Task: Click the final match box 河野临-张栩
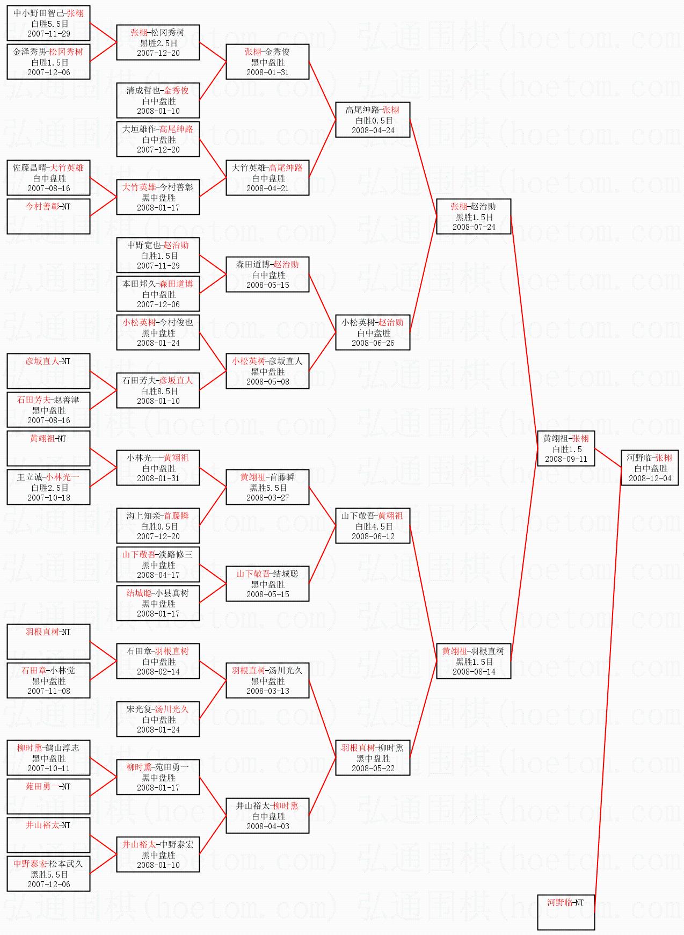click(650, 468)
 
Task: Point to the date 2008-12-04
click(650, 479)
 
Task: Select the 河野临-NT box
click(566, 911)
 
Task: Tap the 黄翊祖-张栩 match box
click(566, 448)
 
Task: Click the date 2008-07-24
click(474, 227)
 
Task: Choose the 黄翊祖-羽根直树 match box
click(474, 661)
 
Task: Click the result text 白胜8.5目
click(158, 391)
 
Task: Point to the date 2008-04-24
click(373, 131)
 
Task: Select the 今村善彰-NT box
click(48, 216)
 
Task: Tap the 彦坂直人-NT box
click(48, 371)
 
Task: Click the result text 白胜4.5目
click(373, 526)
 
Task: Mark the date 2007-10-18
click(48, 498)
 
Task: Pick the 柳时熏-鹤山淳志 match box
click(48, 758)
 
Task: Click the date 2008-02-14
click(158, 672)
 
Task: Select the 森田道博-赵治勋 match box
click(267, 274)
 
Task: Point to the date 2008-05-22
click(373, 769)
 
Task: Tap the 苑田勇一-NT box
click(48, 796)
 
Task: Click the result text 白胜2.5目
click(48, 488)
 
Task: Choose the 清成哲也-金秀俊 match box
click(158, 100)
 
